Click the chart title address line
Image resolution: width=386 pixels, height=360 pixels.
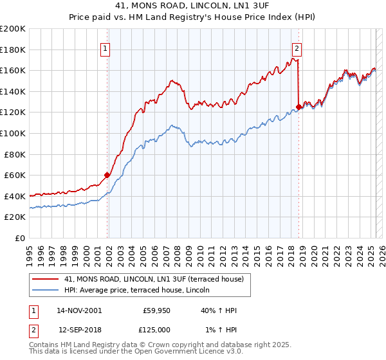coord(193,6)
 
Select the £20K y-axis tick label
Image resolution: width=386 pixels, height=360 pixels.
coord(15,217)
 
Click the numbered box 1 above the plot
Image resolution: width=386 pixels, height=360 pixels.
coord(106,48)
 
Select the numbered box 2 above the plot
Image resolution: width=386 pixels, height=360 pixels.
coord(297,48)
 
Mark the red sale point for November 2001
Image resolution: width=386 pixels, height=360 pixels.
coord(107,175)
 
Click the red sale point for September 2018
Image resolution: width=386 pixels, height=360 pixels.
coord(299,107)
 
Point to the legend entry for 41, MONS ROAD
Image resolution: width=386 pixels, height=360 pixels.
coord(154,279)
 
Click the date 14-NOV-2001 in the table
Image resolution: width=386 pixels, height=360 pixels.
coord(79,311)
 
